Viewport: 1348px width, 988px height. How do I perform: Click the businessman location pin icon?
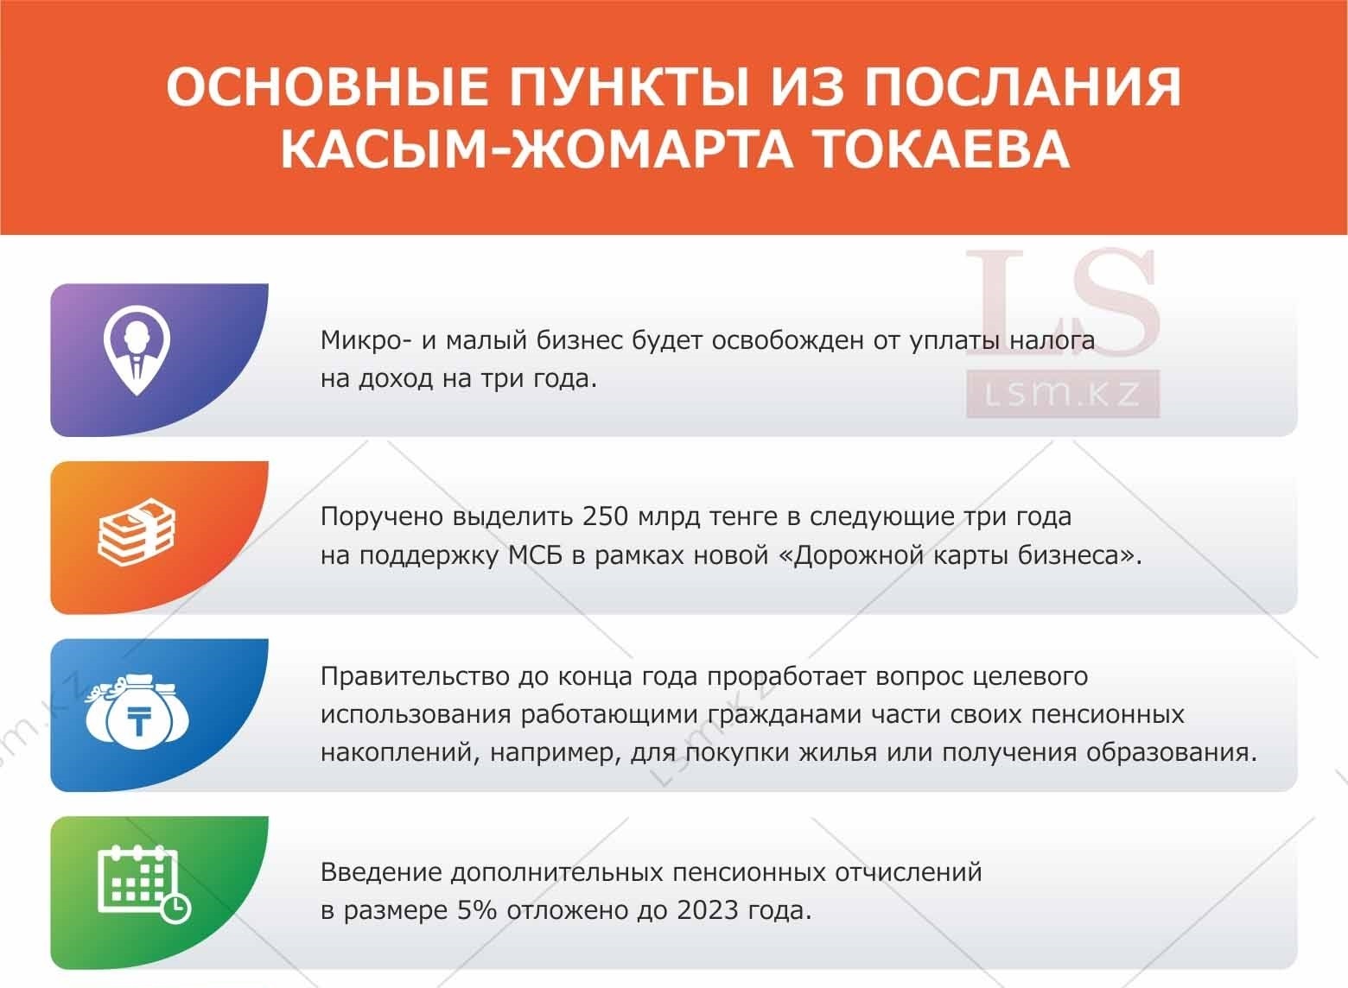tap(137, 351)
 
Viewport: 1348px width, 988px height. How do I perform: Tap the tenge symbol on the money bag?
tap(139, 722)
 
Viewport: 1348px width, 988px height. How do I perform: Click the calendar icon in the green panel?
tap(143, 883)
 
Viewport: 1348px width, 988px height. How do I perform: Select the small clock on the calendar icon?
tap(175, 908)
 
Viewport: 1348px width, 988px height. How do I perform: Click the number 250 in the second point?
tap(605, 516)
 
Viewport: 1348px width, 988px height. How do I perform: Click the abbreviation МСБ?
tap(535, 555)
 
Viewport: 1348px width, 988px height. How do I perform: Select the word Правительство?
tap(415, 676)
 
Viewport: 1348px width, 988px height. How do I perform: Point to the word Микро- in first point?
tap(366, 340)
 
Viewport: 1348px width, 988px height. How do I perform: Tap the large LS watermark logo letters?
tap(1062, 304)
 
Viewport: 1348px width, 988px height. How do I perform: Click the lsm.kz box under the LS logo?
tap(1063, 394)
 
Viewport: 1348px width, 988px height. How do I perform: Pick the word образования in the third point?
tap(1172, 753)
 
